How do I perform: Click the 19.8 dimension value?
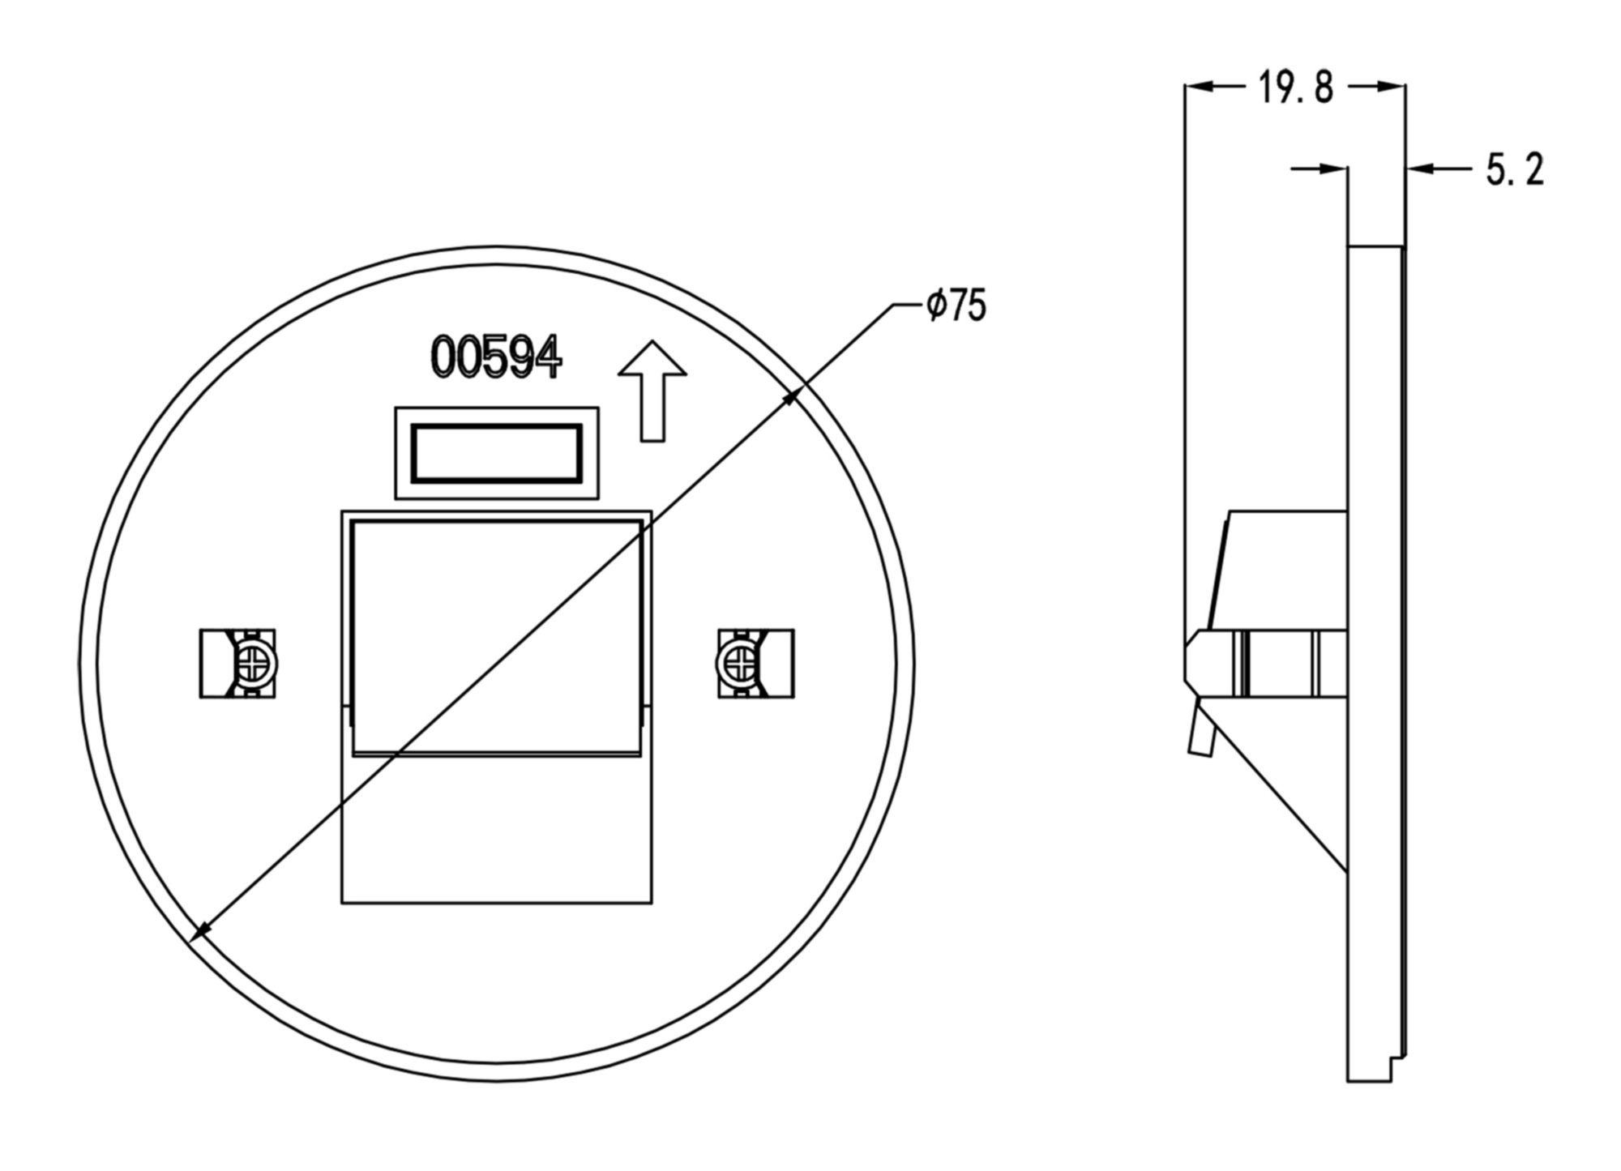click(1295, 87)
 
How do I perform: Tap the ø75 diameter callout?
click(956, 306)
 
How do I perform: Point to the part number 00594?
click(496, 357)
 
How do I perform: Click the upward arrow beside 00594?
click(652, 391)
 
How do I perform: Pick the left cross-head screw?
click(254, 664)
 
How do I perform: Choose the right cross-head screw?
click(738, 664)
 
